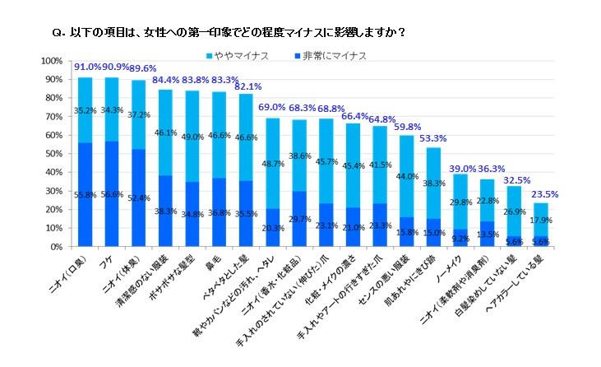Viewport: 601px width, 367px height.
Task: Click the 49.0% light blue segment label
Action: [191, 137]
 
